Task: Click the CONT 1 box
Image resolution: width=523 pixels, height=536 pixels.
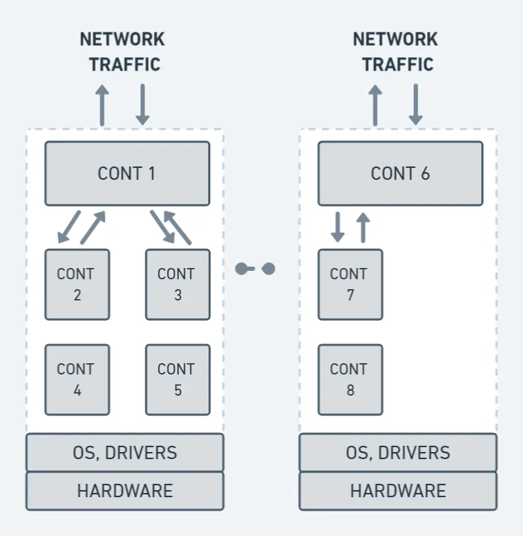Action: tap(127, 173)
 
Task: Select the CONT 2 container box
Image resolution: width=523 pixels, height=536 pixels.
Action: tap(77, 284)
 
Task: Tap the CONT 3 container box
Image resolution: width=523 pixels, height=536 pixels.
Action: tap(177, 284)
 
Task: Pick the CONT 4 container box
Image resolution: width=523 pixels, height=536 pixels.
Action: tap(77, 379)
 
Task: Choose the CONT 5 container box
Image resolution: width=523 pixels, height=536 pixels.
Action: tap(177, 379)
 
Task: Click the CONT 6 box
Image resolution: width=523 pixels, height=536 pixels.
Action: tap(400, 173)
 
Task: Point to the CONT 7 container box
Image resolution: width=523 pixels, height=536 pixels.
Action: tap(350, 284)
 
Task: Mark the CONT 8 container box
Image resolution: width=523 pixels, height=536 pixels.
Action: tap(350, 379)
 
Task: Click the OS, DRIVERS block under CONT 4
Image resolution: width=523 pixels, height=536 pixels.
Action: tap(125, 452)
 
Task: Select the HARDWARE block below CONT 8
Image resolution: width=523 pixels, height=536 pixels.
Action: tap(398, 491)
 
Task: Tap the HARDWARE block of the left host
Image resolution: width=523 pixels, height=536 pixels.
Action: tap(125, 491)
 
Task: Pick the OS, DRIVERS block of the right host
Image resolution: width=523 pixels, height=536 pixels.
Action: tap(398, 452)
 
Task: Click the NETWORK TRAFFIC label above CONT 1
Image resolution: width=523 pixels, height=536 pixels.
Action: tap(122, 51)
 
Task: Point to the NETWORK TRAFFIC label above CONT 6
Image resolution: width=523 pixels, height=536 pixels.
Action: tap(395, 51)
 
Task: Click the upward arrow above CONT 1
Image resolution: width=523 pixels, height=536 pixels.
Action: tap(102, 105)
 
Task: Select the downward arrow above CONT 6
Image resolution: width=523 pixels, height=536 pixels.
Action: tap(416, 105)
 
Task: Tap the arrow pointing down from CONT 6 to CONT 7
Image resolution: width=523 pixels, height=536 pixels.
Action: tap(337, 226)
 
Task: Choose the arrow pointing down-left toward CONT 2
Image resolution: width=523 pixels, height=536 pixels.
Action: tap(69, 226)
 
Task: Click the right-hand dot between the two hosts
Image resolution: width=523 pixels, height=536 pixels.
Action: tap(268, 269)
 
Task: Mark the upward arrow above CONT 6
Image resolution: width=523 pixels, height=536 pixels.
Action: tap(375, 105)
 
